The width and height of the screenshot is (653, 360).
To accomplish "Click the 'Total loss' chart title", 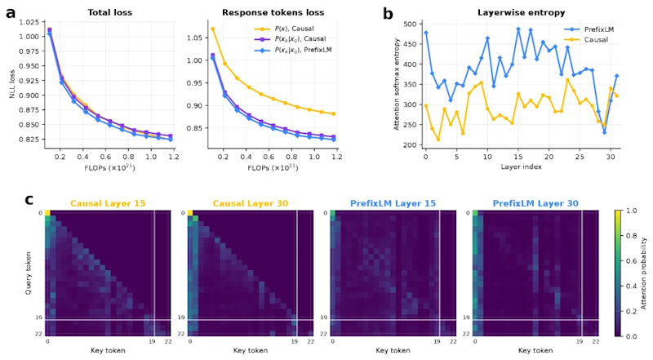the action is pos(110,12).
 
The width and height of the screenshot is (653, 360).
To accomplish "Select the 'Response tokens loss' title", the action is pos(273,12).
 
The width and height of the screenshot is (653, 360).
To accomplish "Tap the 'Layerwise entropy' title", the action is pos(521,12).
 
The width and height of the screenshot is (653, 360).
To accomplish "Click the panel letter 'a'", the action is pos(11,12).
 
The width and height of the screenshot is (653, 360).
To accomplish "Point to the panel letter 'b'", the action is pos(388,13).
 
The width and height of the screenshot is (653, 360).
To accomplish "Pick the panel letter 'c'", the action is pos(29,199).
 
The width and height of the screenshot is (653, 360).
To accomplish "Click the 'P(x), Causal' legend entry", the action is pos(284,29).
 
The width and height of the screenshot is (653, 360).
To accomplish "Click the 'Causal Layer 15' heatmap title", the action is pos(108,203).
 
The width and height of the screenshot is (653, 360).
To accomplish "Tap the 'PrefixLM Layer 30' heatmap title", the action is pos(535,203).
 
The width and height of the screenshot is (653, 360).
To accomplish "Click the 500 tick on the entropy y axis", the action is pos(410,24).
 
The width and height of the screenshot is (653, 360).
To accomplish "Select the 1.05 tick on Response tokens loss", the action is pos(195,38).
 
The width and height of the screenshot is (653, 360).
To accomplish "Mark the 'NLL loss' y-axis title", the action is pos(12,84).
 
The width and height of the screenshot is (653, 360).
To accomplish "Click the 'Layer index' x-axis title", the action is pos(521,167).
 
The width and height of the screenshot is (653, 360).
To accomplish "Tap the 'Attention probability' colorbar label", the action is pos(644,273).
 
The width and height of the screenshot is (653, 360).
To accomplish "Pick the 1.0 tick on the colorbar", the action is pos(631,211).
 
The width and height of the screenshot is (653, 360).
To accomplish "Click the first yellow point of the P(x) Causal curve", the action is pos(212,29).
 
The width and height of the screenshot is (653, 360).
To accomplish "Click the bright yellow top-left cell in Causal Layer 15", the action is pos(47,213).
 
